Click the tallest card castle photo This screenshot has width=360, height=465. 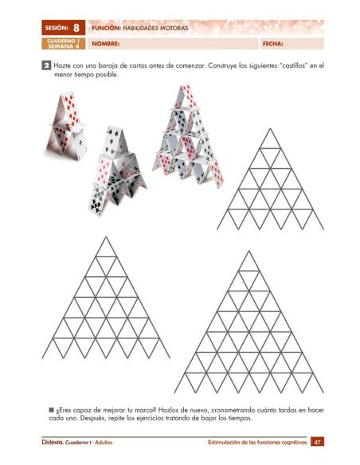tap(186, 143)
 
